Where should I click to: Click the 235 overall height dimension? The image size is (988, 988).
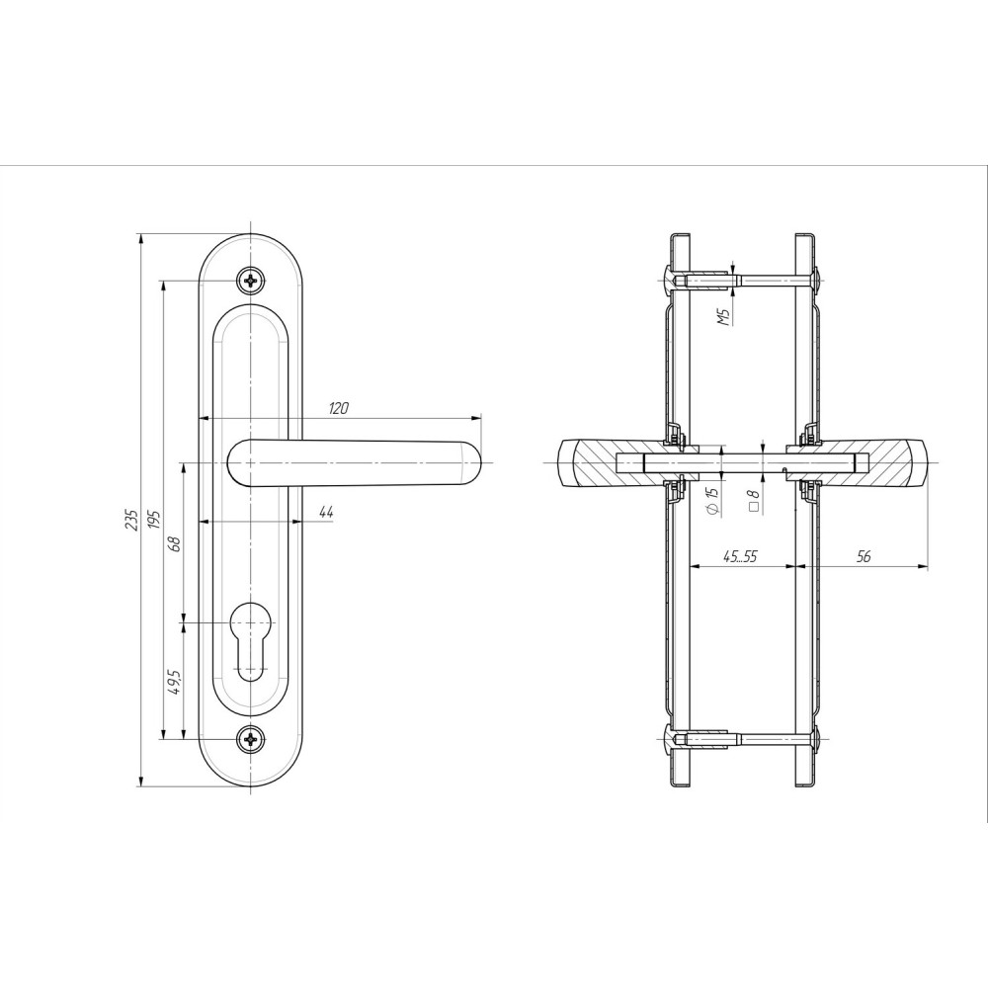click(x=131, y=519)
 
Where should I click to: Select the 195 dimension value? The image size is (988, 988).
click(x=155, y=519)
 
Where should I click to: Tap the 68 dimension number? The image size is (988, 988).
click(x=175, y=543)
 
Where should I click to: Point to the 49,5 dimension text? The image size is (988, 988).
click(x=175, y=682)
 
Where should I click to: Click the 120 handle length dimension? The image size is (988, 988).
click(x=338, y=408)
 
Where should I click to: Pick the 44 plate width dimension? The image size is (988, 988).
click(x=325, y=512)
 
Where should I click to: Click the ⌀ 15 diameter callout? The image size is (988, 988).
click(x=712, y=501)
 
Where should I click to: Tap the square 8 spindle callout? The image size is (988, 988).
click(x=754, y=502)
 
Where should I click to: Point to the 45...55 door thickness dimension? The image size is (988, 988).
click(x=740, y=556)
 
